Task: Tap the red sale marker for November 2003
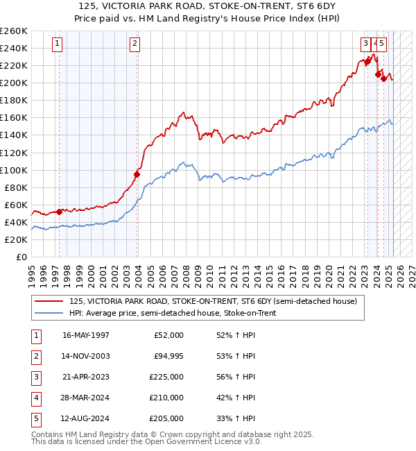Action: (x=137, y=174)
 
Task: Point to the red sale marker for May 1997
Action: (x=60, y=212)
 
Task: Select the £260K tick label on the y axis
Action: (x=13, y=31)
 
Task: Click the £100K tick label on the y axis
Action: (x=13, y=170)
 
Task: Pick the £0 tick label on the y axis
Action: (x=21, y=257)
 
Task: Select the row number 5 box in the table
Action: (x=35, y=418)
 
